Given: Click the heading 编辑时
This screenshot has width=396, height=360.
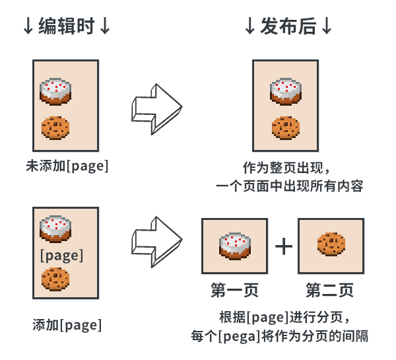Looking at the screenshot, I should tap(66, 27).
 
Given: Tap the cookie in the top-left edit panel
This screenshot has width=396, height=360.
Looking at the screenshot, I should tap(55, 127).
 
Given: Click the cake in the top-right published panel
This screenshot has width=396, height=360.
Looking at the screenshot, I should tap(286, 91).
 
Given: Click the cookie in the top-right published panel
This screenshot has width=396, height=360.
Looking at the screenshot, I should tap(286, 127).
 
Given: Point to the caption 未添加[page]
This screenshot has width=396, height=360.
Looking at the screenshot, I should tap(66, 166).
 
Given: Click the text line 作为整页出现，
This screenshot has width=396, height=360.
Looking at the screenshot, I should tap(286, 166).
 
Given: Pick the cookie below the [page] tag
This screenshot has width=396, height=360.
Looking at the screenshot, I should tap(55, 278).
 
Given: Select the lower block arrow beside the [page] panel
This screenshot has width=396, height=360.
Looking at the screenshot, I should tap(156, 244).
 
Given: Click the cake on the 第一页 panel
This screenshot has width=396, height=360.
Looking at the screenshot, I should tap(234, 244).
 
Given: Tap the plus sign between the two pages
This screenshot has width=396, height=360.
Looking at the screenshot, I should tap(283, 246).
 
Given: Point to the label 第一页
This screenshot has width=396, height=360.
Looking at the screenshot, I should tap(234, 290).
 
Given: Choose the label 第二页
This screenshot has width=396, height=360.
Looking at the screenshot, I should tap(330, 290).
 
